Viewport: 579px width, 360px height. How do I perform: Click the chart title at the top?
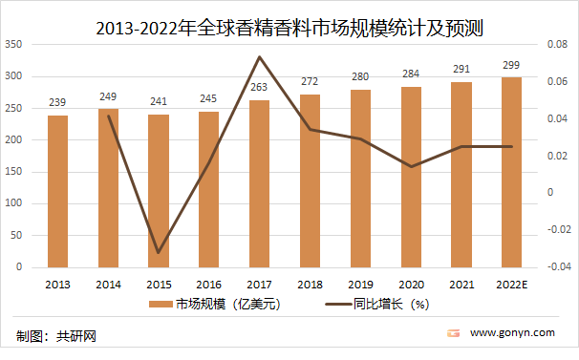coord(289,29)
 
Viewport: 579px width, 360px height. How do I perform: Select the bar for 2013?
coord(57,191)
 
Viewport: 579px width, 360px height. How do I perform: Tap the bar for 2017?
coord(260,183)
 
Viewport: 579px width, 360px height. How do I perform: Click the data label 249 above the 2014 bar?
coord(108,96)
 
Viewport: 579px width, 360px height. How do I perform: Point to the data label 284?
coord(412,74)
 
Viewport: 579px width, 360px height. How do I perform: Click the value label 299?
coord(512,64)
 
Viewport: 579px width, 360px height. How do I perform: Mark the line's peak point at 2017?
coord(260,57)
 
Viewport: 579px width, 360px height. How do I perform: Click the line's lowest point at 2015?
coord(159,253)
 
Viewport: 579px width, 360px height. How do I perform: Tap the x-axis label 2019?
coord(361,284)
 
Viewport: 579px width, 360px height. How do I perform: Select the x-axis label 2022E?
coord(512,284)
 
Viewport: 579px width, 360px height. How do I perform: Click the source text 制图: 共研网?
coord(57,336)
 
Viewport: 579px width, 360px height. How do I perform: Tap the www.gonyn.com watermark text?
coord(513,333)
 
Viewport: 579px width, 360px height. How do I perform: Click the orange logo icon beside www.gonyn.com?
coord(454,333)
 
